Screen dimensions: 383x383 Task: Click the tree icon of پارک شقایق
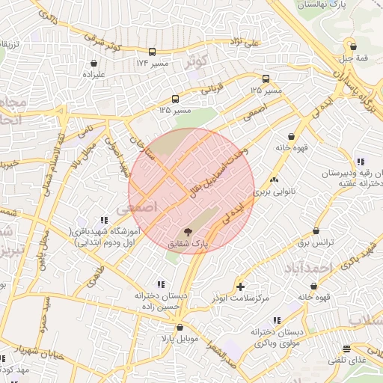(187, 232)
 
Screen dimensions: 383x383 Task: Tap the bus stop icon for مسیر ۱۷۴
(153, 52)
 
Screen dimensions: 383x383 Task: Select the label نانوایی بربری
(275, 192)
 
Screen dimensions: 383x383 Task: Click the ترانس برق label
(315, 244)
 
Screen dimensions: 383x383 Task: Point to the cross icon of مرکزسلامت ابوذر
(239, 287)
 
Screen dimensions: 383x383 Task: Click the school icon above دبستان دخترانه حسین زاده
(161, 284)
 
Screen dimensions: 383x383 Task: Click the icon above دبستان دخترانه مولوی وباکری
(277, 320)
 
